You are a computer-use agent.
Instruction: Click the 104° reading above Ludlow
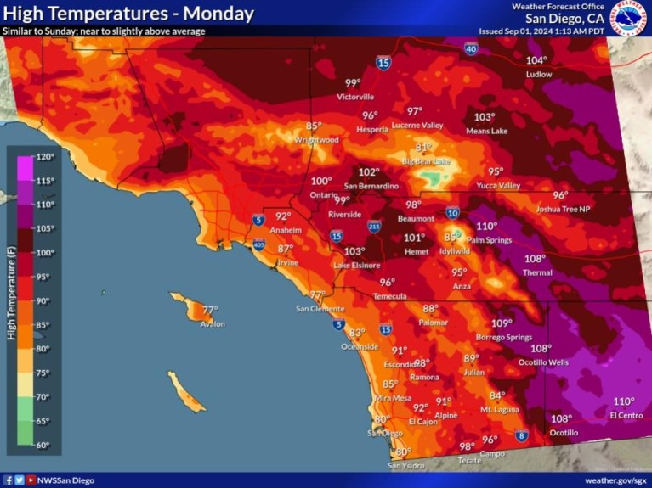point(536,60)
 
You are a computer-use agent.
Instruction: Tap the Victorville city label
point(355,97)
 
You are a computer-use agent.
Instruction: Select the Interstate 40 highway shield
point(471,50)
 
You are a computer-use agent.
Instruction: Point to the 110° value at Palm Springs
point(486,227)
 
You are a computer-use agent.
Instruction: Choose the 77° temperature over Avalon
point(210,310)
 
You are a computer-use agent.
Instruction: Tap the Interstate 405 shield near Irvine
point(258,246)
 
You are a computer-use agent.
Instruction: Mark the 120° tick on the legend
point(44,157)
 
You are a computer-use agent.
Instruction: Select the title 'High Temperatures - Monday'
point(129,14)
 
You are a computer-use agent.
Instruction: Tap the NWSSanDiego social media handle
point(65,480)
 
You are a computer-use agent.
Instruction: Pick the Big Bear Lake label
point(427,161)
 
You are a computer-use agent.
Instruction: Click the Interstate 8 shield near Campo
point(521,436)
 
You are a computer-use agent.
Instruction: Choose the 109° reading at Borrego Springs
point(502,323)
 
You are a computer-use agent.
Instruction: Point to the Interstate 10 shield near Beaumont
point(452,213)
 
